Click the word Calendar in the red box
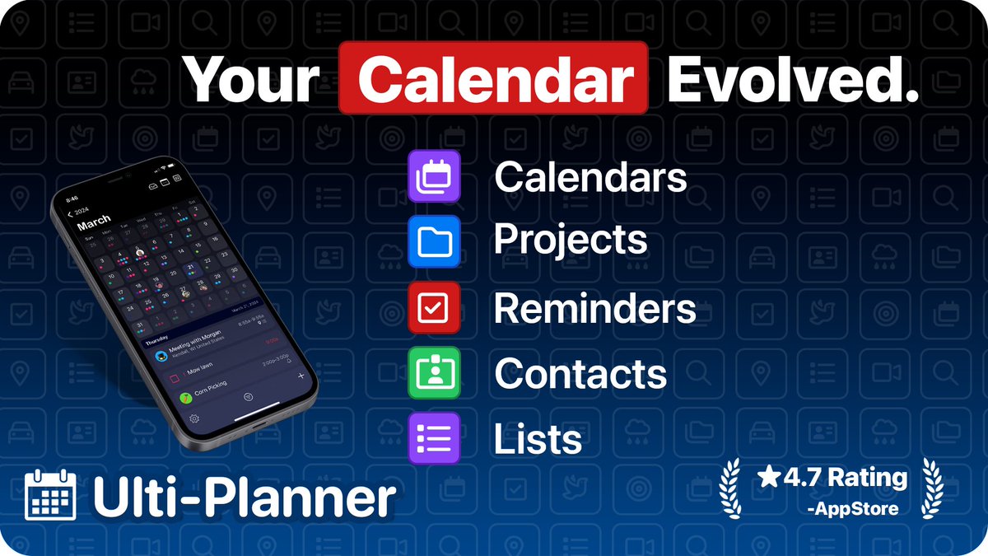tap(492, 80)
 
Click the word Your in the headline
tap(250, 80)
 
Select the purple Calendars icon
tap(434, 176)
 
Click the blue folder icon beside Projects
tap(434, 241)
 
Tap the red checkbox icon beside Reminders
tap(434, 307)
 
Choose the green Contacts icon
tap(434, 373)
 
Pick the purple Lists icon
tap(434, 437)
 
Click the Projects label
tap(570, 241)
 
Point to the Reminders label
tap(594, 308)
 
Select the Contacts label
tap(580, 373)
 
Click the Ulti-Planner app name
tap(244, 497)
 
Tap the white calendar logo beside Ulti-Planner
tap(51, 495)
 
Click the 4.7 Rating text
tap(832, 477)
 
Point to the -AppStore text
tap(853, 508)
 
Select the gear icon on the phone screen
tap(194, 418)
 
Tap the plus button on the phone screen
tap(301, 376)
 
